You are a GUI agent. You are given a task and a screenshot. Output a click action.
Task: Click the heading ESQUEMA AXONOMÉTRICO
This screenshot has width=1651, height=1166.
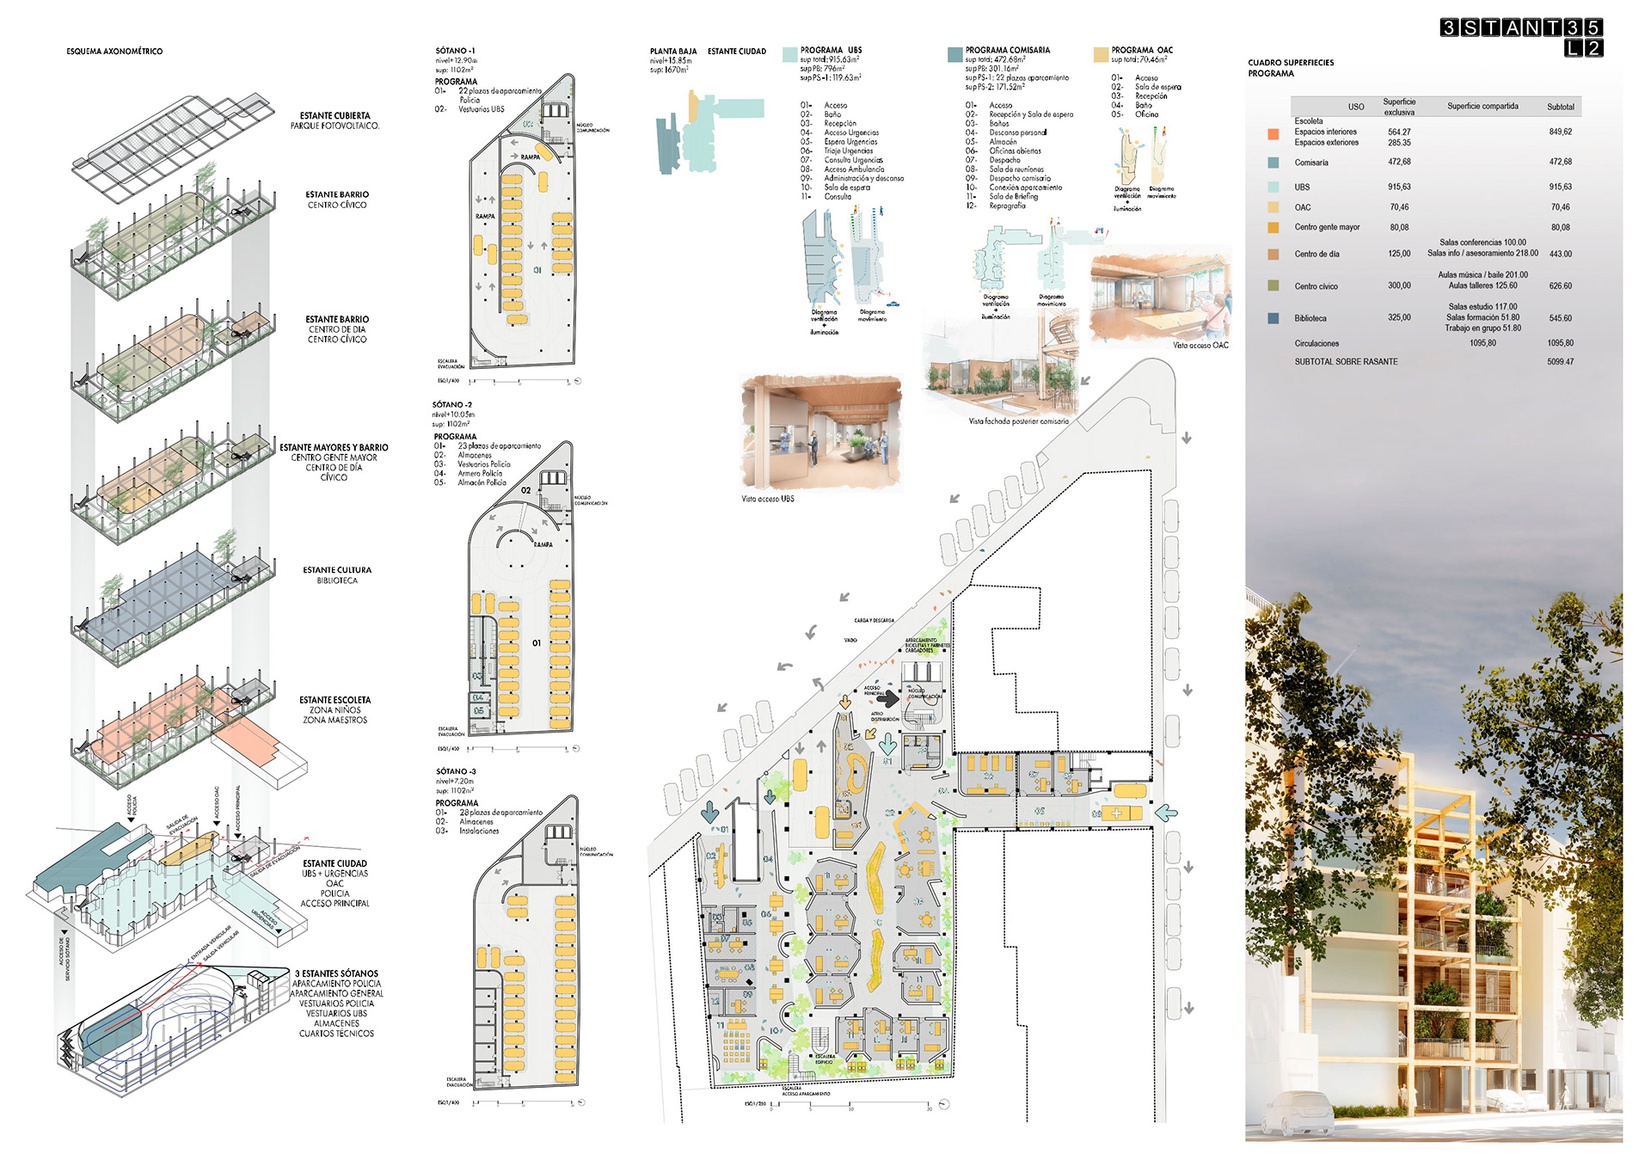(x=114, y=52)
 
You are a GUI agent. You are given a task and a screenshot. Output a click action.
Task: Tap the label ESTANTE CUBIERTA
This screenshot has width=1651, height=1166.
(x=334, y=115)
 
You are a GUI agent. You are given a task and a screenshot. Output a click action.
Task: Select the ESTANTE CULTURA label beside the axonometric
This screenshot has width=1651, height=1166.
(x=337, y=570)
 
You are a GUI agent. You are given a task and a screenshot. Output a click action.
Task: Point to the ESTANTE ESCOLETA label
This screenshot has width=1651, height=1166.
(x=334, y=700)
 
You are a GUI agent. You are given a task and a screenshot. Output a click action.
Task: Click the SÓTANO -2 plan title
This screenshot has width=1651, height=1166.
(x=452, y=404)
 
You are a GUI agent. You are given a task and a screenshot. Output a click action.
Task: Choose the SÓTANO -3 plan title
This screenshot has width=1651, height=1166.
(x=456, y=771)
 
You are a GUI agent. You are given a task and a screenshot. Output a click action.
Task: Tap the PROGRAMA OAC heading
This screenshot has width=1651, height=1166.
(x=1141, y=50)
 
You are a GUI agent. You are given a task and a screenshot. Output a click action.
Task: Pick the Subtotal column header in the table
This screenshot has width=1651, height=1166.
(x=1560, y=107)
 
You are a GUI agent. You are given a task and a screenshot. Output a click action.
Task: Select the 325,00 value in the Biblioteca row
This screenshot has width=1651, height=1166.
(x=1399, y=317)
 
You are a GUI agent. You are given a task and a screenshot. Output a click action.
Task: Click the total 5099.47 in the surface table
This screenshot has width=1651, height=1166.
(x=1560, y=362)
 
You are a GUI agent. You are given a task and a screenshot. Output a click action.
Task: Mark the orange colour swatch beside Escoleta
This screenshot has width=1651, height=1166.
(x=1273, y=133)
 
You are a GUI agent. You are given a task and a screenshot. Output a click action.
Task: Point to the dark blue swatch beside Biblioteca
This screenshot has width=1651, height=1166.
(x=1273, y=318)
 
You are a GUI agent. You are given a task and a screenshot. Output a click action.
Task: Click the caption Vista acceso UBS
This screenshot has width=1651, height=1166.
(x=768, y=499)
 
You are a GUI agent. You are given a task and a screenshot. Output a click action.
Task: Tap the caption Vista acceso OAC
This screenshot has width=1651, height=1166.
(x=1200, y=346)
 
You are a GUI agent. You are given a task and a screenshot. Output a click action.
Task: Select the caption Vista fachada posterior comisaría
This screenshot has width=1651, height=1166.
(x=1018, y=421)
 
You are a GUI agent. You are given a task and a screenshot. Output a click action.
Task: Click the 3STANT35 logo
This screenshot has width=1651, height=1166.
(x=1521, y=36)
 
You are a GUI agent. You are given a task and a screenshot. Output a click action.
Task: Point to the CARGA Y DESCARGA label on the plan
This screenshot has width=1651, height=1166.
(x=874, y=620)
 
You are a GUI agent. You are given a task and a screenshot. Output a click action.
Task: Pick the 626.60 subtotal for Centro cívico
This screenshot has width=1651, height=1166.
(x=1560, y=286)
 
